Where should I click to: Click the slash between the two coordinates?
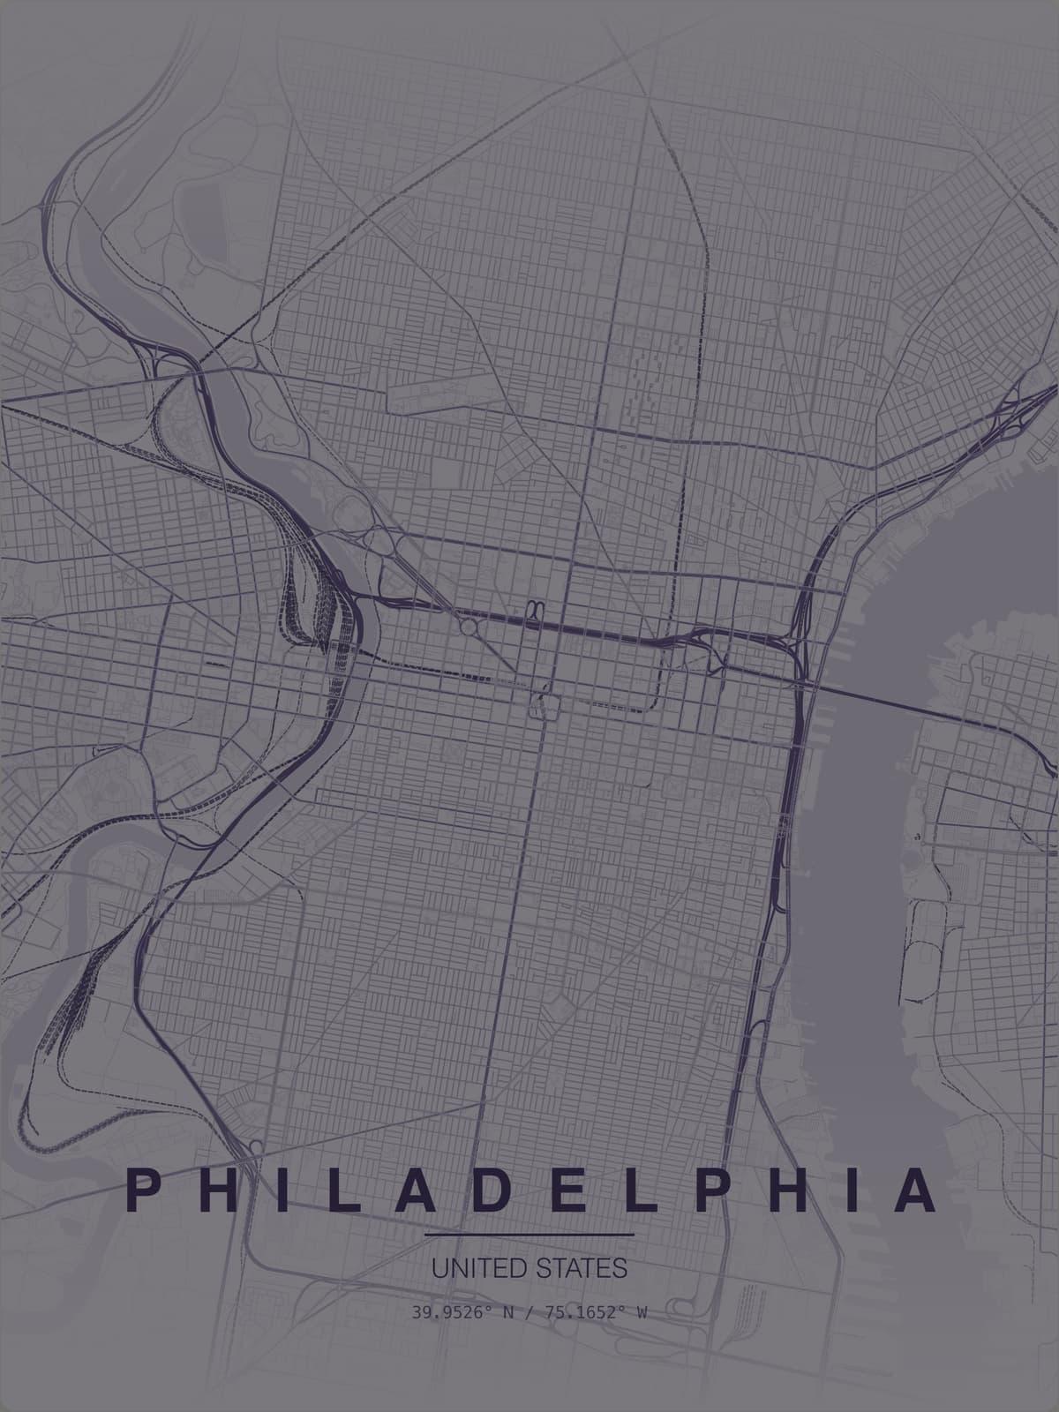[x=529, y=1312]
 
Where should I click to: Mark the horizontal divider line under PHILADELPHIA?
[x=529, y=1234]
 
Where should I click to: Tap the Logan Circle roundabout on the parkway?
[x=469, y=627]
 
